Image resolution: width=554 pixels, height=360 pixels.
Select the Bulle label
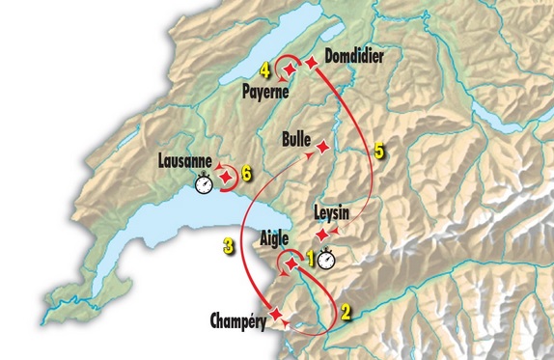295,139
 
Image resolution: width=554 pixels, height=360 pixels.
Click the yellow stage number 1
311,258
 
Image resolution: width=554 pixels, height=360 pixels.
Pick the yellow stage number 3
228,246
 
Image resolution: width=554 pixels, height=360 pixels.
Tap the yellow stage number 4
265,69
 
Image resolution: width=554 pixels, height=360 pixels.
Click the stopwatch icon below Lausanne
204,182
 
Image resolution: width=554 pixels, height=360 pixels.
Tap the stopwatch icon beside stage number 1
328,259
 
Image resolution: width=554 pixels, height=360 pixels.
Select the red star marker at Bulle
322,146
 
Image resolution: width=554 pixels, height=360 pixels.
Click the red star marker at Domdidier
311,62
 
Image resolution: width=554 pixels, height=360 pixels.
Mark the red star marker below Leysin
321,235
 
